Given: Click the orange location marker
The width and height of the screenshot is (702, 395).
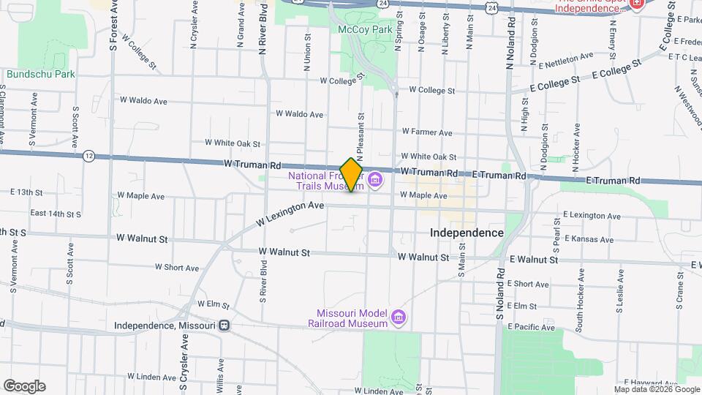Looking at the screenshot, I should [x=351, y=174].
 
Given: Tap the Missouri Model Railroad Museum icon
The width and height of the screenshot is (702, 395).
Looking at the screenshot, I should [x=399, y=317].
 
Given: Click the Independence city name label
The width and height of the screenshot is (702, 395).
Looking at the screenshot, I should [x=467, y=232].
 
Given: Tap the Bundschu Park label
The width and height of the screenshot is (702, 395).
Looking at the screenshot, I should [x=41, y=74].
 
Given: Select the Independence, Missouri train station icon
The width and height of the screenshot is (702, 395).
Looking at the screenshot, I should [x=225, y=326].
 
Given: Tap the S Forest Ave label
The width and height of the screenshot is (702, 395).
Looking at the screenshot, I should [x=113, y=26].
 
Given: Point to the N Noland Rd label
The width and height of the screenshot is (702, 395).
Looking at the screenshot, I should [x=510, y=44].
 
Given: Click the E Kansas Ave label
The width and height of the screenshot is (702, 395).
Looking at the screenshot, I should [x=589, y=239].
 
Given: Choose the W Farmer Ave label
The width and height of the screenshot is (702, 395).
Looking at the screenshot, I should [x=427, y=132].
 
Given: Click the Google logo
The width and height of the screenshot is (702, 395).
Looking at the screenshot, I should [x=24, y=386].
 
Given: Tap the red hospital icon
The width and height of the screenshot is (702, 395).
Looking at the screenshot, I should [x=636, y=4].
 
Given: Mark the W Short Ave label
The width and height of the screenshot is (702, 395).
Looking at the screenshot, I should [x=177, y=268].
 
